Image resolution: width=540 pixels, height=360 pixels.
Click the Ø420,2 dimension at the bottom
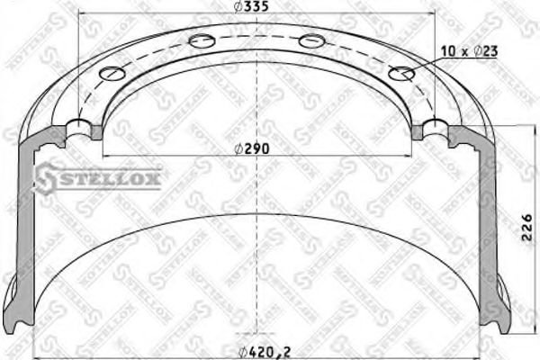(x=263, y=351)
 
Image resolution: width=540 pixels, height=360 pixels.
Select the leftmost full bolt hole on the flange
(x=112, y=74)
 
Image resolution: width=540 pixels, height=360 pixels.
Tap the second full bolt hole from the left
(x=202, y=40)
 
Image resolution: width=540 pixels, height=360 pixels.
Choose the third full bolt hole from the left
(x=311, y=40)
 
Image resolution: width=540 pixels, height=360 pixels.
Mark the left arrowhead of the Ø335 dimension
(x=84, y=14)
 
